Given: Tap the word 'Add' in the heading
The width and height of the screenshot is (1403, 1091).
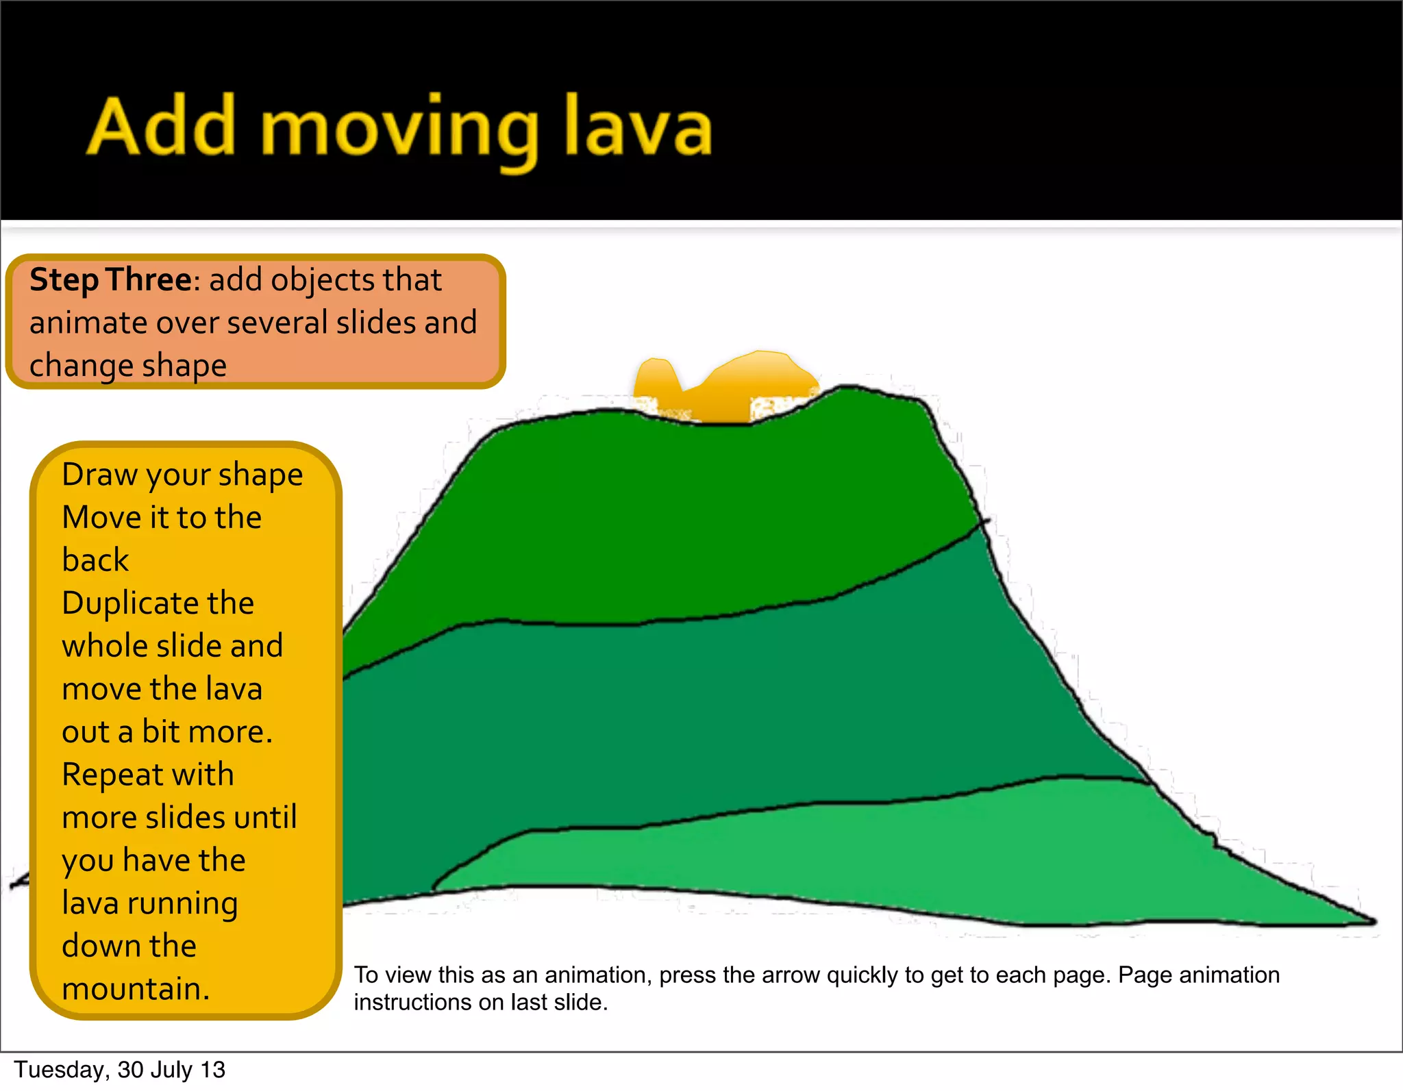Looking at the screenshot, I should click(x=162, y=127).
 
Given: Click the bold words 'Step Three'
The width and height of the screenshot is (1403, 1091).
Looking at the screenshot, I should click(x=110, y=280).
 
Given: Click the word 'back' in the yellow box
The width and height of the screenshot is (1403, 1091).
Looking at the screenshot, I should click(x=95, y=560).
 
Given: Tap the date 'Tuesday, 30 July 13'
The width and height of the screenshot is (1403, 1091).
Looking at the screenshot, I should click(x=119, y=1070).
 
